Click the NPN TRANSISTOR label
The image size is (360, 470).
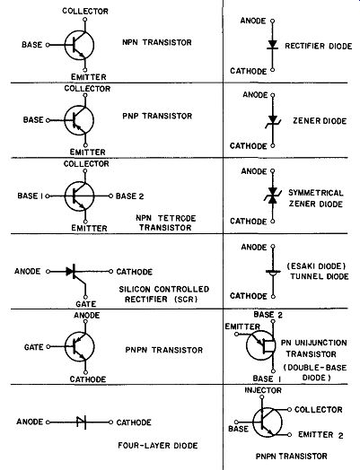[x=157, y=42]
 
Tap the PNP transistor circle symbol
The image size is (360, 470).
[x=79, y=120]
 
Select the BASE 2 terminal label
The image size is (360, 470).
[x=130, y=196]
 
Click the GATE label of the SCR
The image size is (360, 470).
[x=86, y=304]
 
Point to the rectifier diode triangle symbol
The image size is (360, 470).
[x=272, y=45]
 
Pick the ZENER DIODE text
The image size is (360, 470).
[x=320, y=121]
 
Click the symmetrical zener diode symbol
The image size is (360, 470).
[x=272, y=196]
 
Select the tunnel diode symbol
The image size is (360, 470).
[x=273, y=273]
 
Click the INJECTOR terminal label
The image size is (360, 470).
[x=263, y=390]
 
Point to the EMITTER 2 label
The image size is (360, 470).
[x=320, y=435]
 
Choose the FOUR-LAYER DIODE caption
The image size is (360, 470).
[x=158, y=446]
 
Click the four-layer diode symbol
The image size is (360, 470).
[x=81, y=422]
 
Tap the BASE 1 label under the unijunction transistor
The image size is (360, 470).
[x=267, y=379]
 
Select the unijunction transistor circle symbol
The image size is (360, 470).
[x=260, y=345]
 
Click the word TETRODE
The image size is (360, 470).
[x=177, y=218]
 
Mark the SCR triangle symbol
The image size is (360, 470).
[x=71, y=272]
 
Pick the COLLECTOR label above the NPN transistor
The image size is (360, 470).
[x=85, y=11]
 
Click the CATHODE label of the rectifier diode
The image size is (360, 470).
[x=249, y=71]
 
